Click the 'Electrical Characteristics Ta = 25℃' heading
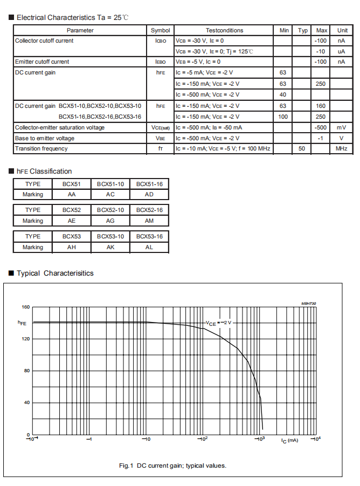click(73, 17)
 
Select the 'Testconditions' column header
click(224, 30)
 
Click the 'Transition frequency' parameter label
click(41, 148)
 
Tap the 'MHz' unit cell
click(341, 148)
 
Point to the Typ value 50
click(302, 148)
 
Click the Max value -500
click(321, 127)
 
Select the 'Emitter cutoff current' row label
click(42, 61)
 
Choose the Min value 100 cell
click(283, 117)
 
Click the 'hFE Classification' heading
click(45, 171)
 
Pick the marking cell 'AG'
click(110, 221)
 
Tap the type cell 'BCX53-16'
click(149, 236)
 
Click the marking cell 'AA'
click(72, 194)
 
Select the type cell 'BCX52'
click(72, 210)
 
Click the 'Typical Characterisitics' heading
click(55, 273)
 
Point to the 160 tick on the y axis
click(25, 307)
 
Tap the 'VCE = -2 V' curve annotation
click(218, 323)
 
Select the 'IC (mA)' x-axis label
click(289, 441)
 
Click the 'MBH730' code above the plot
click(308, 304)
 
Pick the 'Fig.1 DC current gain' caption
click(172, 465)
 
